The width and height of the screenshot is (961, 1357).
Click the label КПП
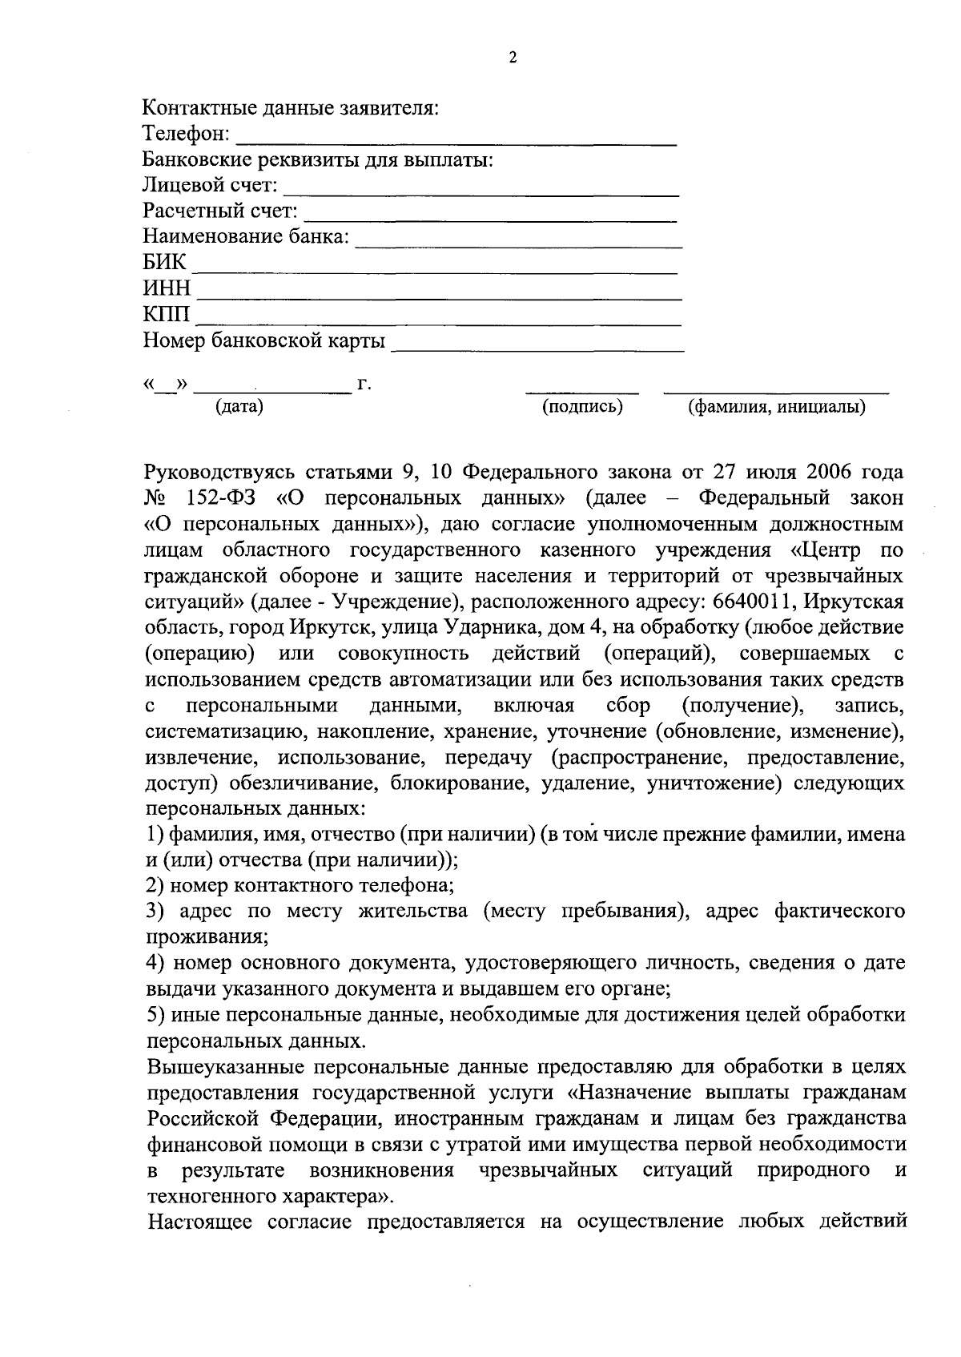pos(167,315)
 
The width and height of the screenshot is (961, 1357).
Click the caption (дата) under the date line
pos(239,407)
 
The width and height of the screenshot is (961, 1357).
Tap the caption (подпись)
pos(582,407)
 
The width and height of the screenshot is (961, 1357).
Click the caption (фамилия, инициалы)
pos(777,407)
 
